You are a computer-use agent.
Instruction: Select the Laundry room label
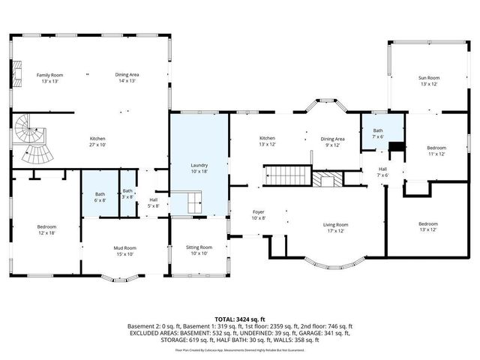click(199, 165)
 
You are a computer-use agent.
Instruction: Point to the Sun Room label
click(428, 78)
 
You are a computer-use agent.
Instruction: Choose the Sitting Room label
click(199, 247)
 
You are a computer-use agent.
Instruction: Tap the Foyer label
click(258, 212)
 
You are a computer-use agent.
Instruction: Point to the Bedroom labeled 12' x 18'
click(46, 226)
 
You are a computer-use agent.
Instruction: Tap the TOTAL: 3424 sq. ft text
click(241, 318)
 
